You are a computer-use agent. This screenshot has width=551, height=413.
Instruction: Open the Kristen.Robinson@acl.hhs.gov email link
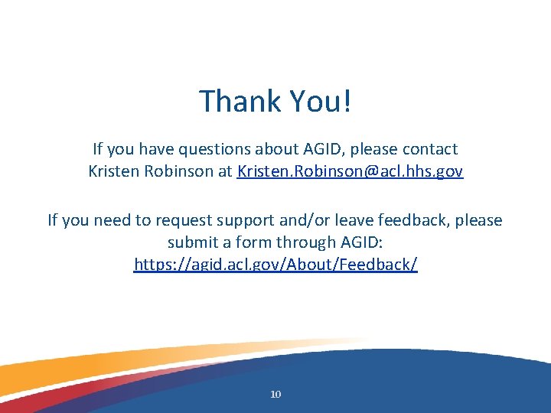350,171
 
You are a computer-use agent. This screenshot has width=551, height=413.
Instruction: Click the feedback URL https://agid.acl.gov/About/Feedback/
275,265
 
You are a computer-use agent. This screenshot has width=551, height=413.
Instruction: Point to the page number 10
275,395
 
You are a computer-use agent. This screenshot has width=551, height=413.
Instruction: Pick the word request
184,220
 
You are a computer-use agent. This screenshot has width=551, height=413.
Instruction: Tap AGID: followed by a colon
361,242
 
